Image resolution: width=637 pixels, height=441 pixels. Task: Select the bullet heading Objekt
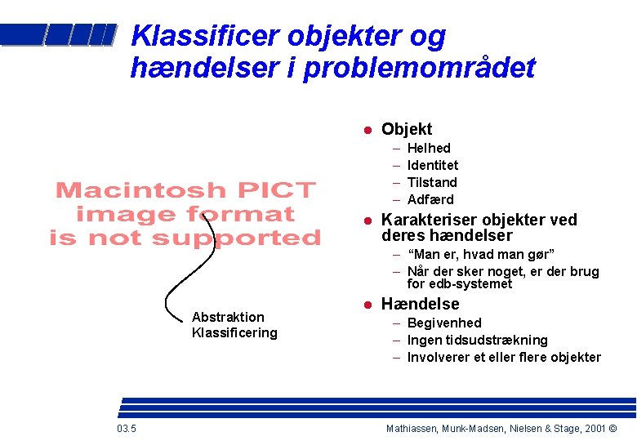click(x=407, y=129)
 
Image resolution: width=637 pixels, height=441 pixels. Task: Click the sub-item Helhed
click(x=429, y=148)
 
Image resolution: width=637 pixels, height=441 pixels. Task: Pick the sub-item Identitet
click(x=433, y=165)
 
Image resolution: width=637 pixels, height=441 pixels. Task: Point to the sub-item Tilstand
click(x=432, y=182)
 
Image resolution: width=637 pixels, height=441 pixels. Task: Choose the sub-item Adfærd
click(x=430, y=199)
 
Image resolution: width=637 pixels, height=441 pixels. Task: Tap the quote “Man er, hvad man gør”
click(x=480, y=254)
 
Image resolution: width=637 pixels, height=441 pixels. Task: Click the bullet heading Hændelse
click(x=421, y=304)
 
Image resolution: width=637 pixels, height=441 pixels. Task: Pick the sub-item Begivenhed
click(x=444, y=323)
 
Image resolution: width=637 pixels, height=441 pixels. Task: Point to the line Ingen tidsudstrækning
click(x=478, y=340)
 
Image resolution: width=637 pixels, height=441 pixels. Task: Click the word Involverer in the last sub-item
click(x=439, y=357)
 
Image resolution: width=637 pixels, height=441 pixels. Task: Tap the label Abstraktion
click(x=228, y=317)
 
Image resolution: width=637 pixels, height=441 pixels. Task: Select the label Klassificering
click(x=234, y=332)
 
